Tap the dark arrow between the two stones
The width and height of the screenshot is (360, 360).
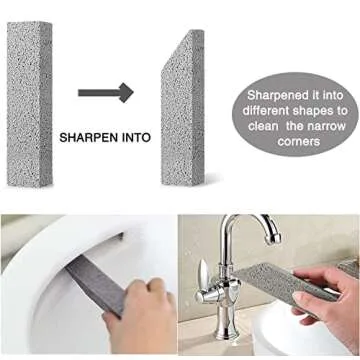click(109, 93)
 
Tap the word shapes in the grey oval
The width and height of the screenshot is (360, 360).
click(315, 112)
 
